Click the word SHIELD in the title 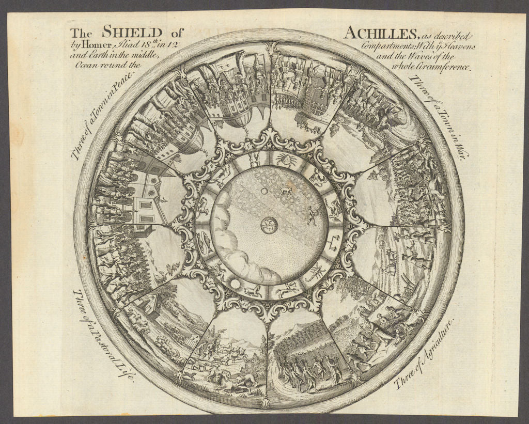tap(132, 32)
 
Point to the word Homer tap(92, 45)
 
